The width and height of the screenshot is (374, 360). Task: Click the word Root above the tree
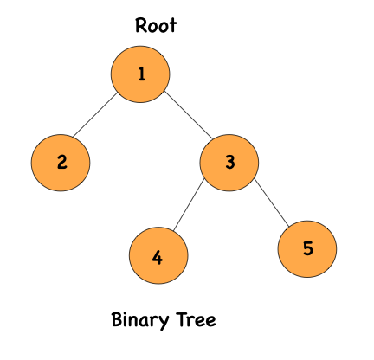tap(156, 26)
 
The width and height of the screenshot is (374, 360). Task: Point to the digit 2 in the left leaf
tap(61, 162)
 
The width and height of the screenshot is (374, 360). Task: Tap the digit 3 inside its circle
tap(229, 162)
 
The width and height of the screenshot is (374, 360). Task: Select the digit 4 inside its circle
tap(158, 258)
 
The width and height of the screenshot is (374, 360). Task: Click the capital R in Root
tap(141, 26)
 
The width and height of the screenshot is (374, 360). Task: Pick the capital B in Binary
tap(118, 319)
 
